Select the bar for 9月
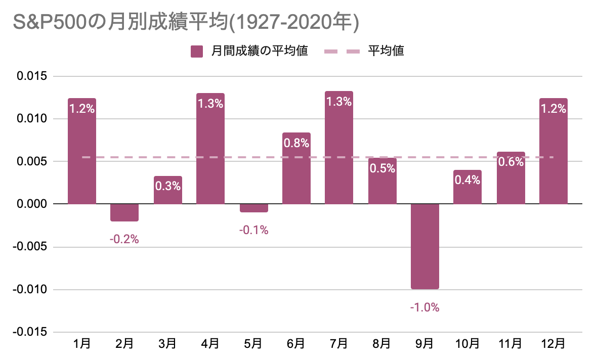pyautogui.click(x=424, y=246)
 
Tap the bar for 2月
pyautogui.click(x=124, y=212)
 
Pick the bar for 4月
pyautogui.click(x=210, y=149)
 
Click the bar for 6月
pyautogui.click(x=296, y=168)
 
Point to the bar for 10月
pyautogui.click(x=467, y=187)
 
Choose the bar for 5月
pyautogui.click(x=253, y=208)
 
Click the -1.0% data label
pyautogui.click(x=424, y=307)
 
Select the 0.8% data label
pyautogui.click(x=296, y=143)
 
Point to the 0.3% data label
pyautogui.click(x=167, y=186)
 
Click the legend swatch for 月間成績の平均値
pyautogui.click(x=196, y=51)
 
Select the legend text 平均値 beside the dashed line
pyautogui.click(x=386, y=51)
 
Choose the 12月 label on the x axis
pyautogui.click(x=553, y=344)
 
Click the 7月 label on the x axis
pyautogui.click(x=338, y=344)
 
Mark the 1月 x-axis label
pyautogui.click(x=81, y=344)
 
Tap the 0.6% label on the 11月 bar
pyautogui.click(x=510, y=162)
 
